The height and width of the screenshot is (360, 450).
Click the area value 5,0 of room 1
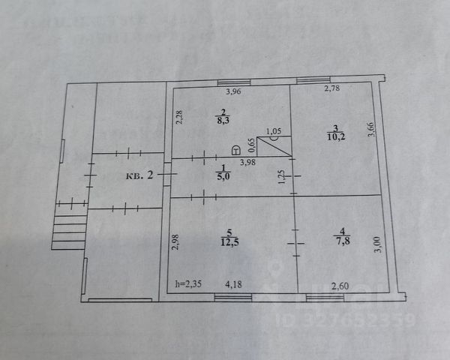click(x=223, y=177)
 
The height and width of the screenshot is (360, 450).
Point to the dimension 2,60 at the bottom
click(x=340, y=283)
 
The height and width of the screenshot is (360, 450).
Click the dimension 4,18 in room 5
click(x=234, y=283)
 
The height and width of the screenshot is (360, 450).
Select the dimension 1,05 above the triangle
click(x=274, y=130)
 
